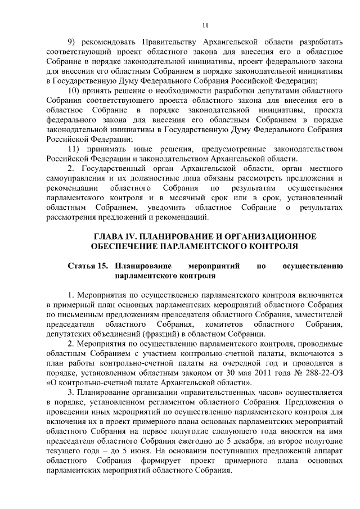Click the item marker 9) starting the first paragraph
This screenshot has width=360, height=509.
71,43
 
